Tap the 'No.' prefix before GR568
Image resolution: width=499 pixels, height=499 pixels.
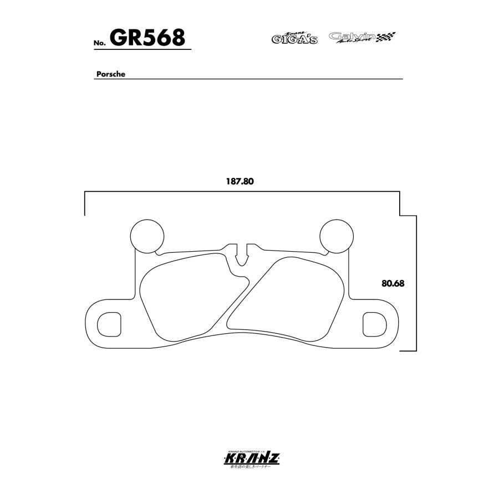[99, 43]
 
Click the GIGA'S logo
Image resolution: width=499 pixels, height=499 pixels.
[294, 38]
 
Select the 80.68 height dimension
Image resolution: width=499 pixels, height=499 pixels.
[393, 283]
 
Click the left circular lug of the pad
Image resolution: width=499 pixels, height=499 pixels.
[147, 236]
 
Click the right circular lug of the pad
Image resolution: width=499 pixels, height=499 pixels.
[337, 236]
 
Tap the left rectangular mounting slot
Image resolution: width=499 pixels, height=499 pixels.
[109, 323]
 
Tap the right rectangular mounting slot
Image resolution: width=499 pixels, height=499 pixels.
[374, 323]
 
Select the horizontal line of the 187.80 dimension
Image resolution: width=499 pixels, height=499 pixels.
[242, 192]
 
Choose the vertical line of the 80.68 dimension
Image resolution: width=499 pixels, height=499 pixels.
[416, 283]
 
